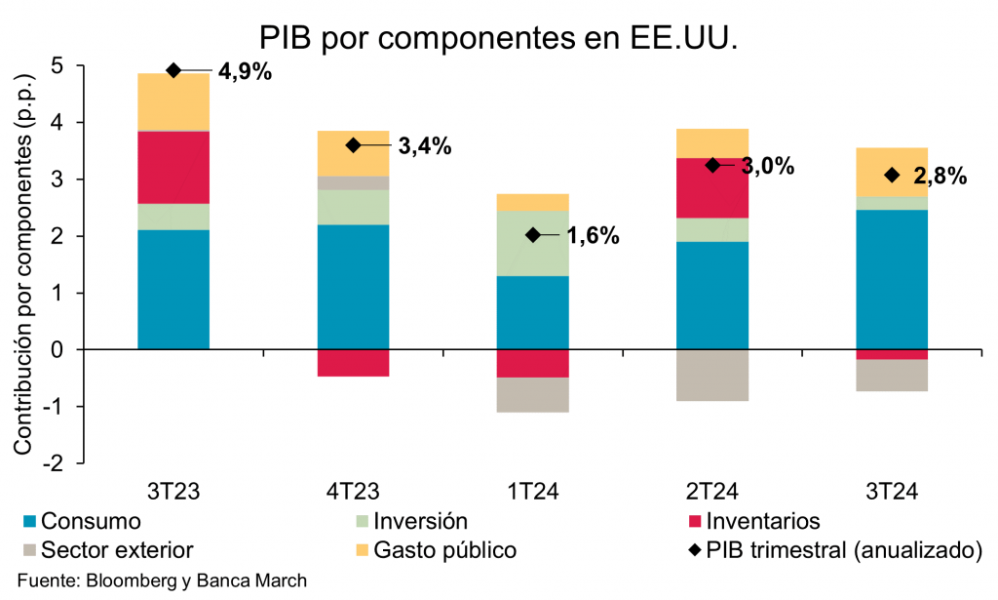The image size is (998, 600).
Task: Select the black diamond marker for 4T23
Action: click(x=353, y=145)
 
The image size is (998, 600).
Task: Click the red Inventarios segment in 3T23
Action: click(x=173, y=167)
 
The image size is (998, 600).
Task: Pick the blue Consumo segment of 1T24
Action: click(x=532, y=312)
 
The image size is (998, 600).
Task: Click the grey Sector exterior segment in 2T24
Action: click(x=712, y=375)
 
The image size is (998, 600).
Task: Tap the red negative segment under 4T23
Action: click(x=353, y=362)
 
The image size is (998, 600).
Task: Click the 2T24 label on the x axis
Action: click(x=712, y=489)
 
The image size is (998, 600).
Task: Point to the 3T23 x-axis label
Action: click(x=173, y=489)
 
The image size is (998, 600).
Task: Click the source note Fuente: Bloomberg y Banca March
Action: click(x=162, y=580)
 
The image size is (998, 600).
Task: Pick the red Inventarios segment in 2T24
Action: click(x=712, y=187)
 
